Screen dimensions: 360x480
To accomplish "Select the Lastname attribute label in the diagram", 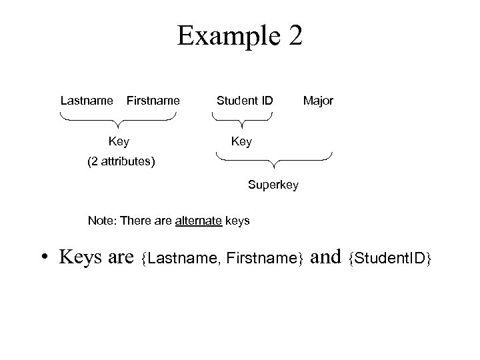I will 87,101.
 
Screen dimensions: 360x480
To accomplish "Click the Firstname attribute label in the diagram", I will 153,101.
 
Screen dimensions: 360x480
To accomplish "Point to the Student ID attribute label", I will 245,101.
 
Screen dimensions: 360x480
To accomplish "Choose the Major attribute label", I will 318,101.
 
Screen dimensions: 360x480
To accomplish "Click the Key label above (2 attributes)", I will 119,141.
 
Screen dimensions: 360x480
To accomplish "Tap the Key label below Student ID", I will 241,141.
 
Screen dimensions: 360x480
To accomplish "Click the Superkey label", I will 273,184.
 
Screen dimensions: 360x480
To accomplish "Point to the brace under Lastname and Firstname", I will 118,120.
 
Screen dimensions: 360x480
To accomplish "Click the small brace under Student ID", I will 242,120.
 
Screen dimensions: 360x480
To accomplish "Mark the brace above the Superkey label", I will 274,160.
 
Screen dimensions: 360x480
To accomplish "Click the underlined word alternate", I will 199,221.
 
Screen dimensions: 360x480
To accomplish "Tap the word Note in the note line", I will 99,221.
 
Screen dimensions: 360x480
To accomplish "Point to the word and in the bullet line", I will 326,257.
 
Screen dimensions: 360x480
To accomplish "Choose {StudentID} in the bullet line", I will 391,258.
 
